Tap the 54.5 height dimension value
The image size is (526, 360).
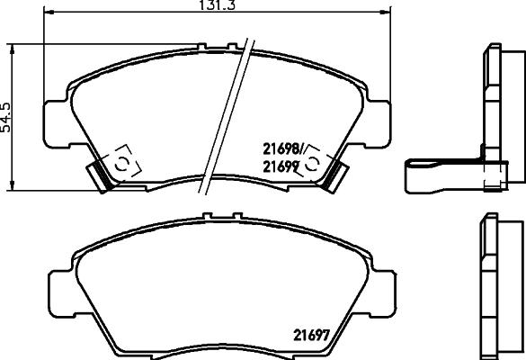[x=7, y=116]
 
